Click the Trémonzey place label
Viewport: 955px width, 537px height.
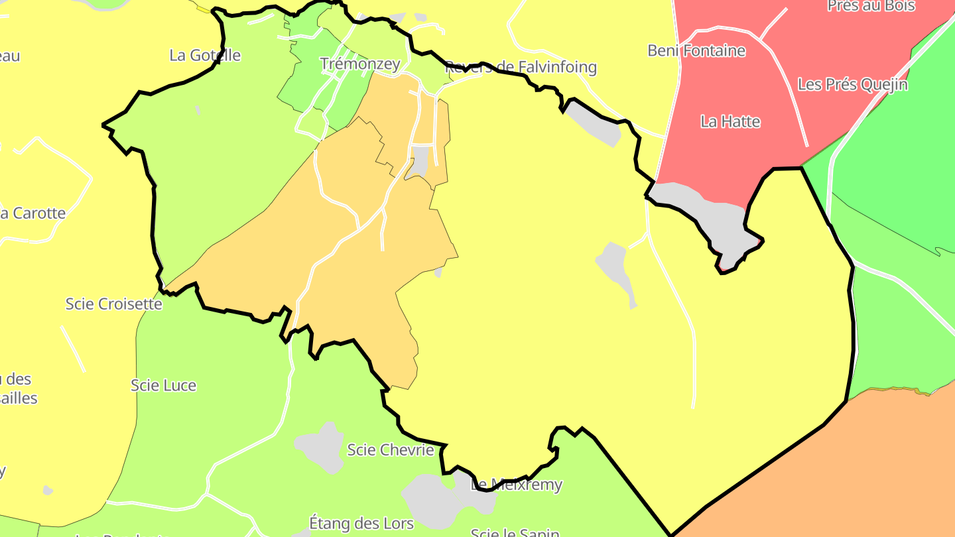[x=360, y=64]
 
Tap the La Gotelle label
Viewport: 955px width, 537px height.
[x=205, y=55]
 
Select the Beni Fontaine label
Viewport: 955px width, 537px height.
[x=696, y=50]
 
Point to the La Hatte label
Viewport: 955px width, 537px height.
[x=730, y=122]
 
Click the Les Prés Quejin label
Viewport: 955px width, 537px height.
[x=852, y=85]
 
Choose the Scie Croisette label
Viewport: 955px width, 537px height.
[x=113, y=304]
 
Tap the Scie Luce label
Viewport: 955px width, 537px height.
[x=163, y=385]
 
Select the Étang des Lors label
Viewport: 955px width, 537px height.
[x=361, y=523]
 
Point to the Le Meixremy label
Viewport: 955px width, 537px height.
[x=516, y=485]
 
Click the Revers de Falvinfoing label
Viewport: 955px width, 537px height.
[x=521, y=67]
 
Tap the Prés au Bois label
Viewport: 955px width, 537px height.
[x=871, y=6]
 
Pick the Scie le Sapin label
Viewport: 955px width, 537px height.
[x=515, y=532]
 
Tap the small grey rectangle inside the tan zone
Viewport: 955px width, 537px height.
[x=419, y=160]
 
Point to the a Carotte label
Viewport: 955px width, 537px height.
[x=32, y=213]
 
